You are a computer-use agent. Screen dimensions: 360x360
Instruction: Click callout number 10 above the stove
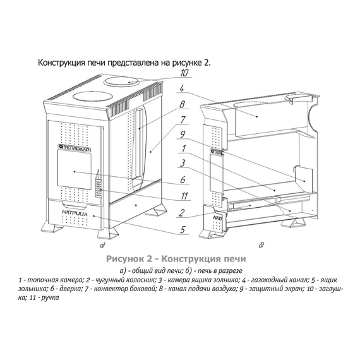184,73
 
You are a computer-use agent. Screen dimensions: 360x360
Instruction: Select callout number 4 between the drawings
182,88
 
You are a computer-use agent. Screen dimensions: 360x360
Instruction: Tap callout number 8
182,104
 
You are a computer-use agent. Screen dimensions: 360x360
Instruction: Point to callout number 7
183,120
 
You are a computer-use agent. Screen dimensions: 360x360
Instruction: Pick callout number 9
183,135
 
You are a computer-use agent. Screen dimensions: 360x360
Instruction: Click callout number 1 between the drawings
183,148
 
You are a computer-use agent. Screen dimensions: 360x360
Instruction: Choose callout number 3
183,163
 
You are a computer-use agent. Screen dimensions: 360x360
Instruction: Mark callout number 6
183,179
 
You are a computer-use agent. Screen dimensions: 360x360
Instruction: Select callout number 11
184,196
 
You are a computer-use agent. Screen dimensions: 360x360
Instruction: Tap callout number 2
181,213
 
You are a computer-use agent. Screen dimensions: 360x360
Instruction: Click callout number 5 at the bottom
183,229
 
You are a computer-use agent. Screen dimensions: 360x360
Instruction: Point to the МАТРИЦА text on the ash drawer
75,213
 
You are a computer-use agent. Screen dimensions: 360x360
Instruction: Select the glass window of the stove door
74,170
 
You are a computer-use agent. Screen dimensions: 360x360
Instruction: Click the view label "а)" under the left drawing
102,245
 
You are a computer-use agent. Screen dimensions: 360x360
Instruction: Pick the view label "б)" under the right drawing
261,245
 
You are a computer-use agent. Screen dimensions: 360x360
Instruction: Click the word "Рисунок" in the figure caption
125,259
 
